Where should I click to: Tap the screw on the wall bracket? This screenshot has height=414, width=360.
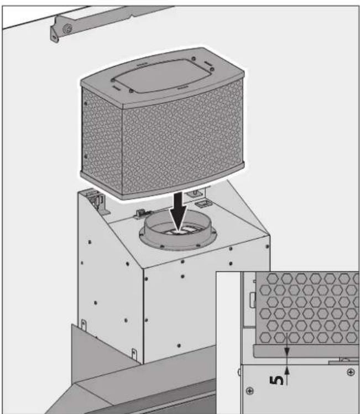pyautogui.click(x=67, y=29)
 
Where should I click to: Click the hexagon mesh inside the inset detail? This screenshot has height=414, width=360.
pyautogui.click(x=304, y=310)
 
